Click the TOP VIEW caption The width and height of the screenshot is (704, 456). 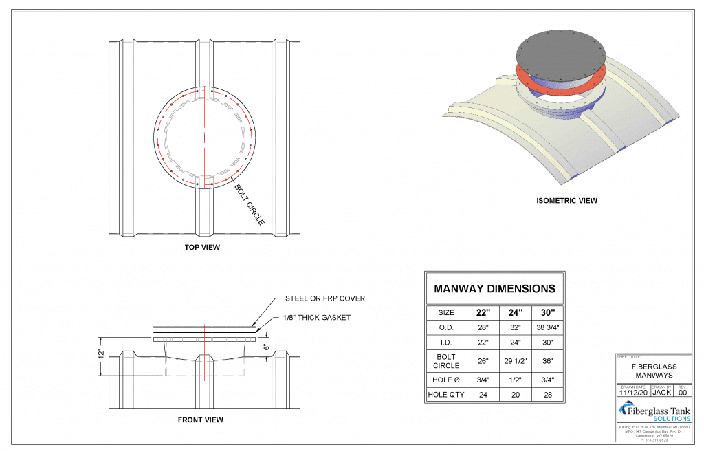(x=202, y=247)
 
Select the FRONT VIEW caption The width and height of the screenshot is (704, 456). (x=200, y=420)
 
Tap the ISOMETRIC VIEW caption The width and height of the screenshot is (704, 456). (x=566, y=201)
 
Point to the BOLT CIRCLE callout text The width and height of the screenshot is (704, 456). (x=250, y=204)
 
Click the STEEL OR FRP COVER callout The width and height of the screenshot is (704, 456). (x=325, y=298)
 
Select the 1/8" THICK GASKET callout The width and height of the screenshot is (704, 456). (x=318, y=317)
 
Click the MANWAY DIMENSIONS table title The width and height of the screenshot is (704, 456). (x=494, y=289)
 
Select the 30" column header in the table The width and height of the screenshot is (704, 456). (x=547, y=312)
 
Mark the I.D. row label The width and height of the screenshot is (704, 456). (x=446, y=343)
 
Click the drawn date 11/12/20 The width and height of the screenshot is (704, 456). (x=632, y=393)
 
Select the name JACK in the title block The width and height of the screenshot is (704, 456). (x=661, y=393)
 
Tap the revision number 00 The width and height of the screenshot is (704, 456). (x=682, y=393)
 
